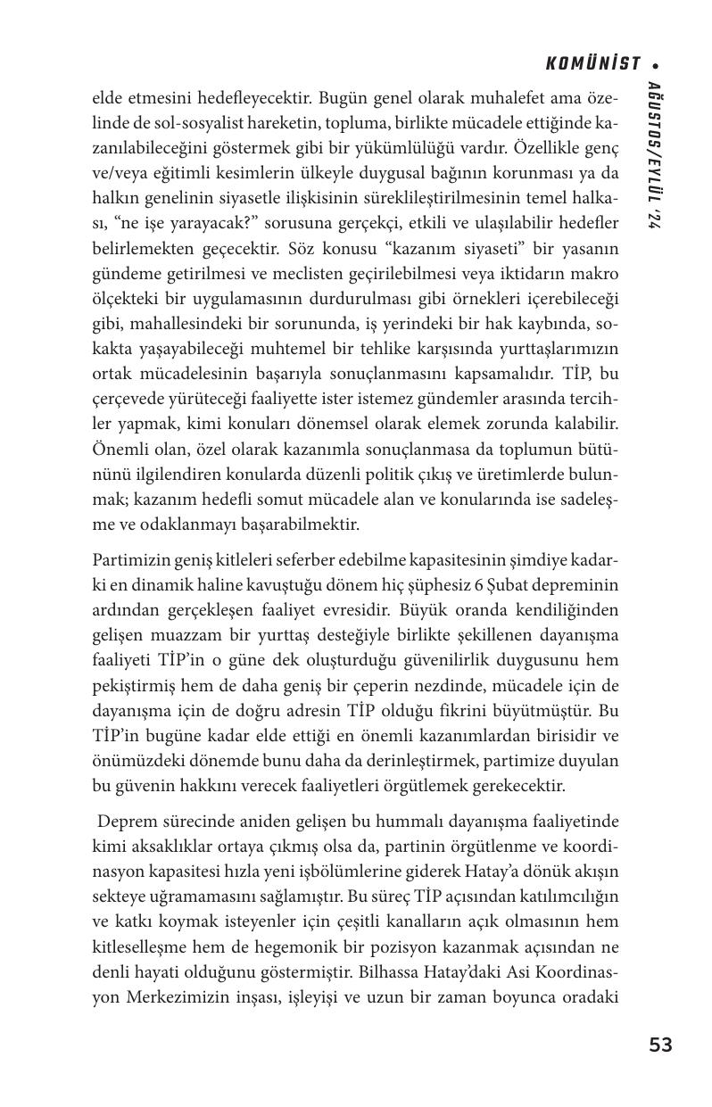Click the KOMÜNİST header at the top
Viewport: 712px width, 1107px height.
(x=592, y=64)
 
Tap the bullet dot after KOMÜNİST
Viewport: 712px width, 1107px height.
(x=658, y=65)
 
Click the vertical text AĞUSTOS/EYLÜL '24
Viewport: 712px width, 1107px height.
(x=657, y=157)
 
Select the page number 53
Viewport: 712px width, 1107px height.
(x=660, y=1045)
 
